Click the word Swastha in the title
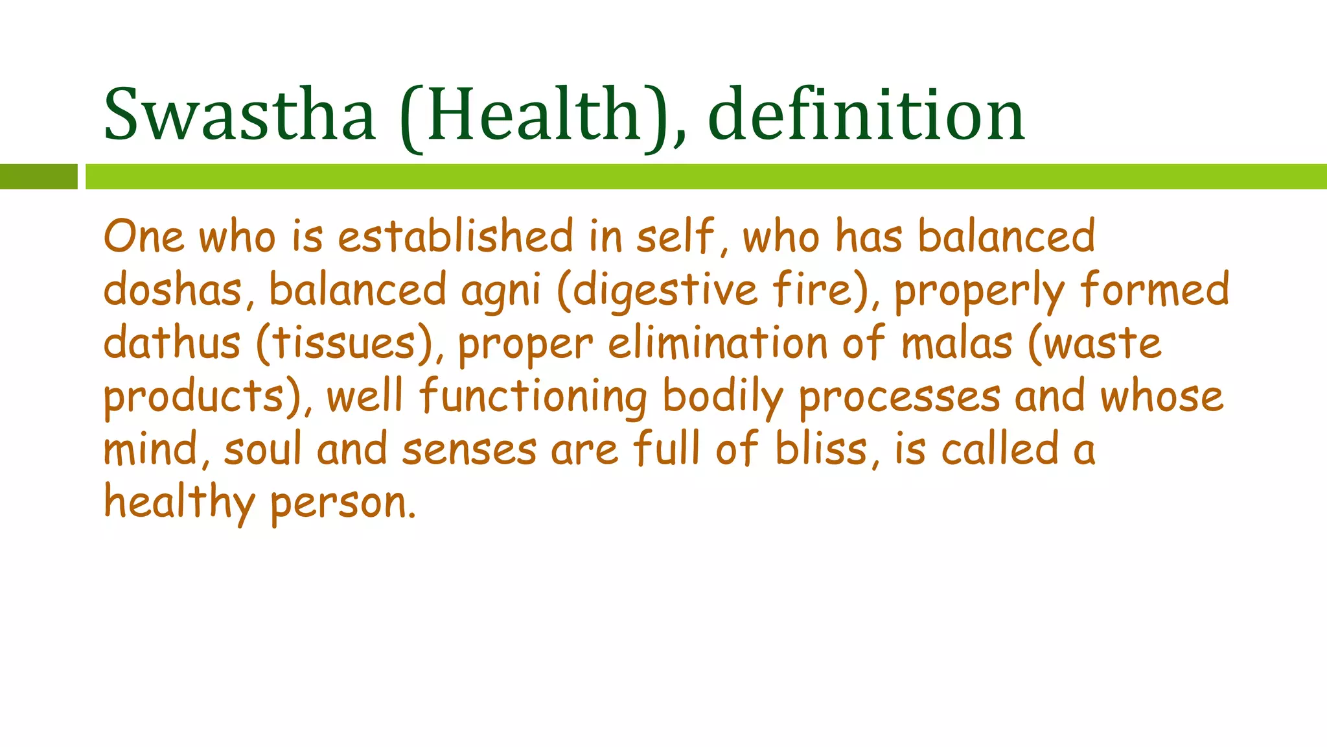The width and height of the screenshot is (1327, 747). tap(240, 115)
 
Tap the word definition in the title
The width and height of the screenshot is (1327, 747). tap(866, 115)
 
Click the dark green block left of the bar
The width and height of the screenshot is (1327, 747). tap(38, 176)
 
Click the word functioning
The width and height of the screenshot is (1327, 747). tap(533, 397)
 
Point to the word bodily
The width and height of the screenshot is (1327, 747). tap(722, 397)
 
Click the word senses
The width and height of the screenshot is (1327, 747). tap(469, 450)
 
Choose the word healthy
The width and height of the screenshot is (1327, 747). tap(179, 503)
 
